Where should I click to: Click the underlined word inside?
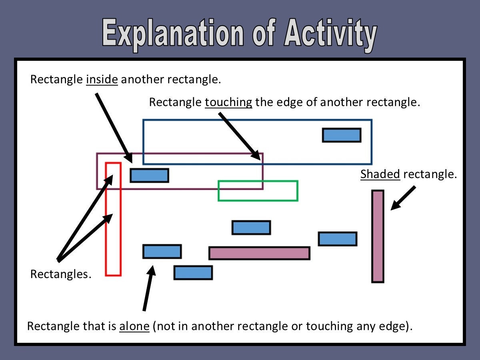pos(102,79)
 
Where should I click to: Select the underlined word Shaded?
pos(380,174)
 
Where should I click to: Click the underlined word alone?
pos(134,326)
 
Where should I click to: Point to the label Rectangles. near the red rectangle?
pos(61,274)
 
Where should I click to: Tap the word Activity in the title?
pos(330,35)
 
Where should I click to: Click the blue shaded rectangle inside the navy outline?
pos(342,135)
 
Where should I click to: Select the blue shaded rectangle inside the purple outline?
pos(149,175)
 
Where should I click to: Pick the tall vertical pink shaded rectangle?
pos(378,236)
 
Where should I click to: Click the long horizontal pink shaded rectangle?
pos(259,253)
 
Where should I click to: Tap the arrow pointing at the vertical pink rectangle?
pos(403,198)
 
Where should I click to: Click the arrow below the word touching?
pos(240,137)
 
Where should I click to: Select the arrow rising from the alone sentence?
pos(149,288)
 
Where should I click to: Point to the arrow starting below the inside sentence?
pos(114,128)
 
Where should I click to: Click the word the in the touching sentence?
pos(264,102)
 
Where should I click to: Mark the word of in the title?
pos(264,33)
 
